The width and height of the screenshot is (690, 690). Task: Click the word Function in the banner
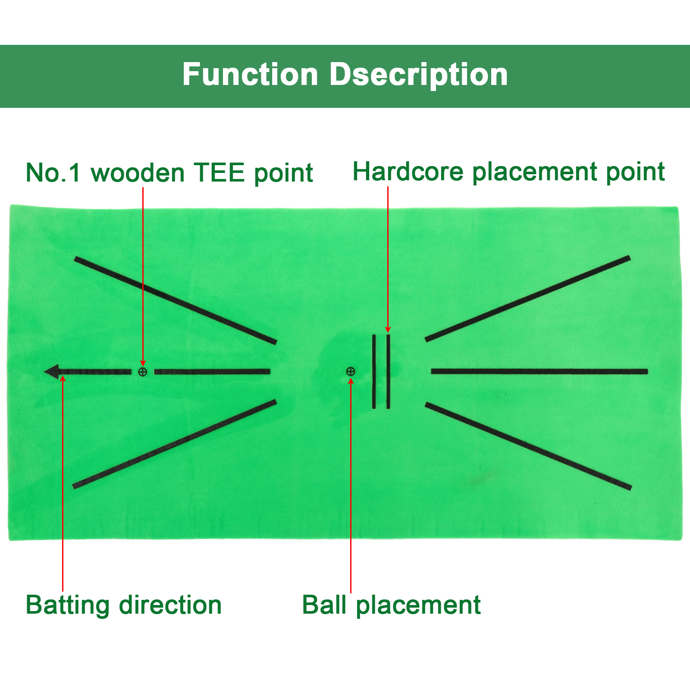(250, 74)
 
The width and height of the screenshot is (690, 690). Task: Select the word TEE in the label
(219, 172)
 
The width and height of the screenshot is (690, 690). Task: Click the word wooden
(138, 172)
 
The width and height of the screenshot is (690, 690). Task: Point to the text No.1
(53, 172)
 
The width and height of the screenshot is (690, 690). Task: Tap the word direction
(170, 605)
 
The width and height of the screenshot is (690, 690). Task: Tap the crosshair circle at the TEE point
(143, 372)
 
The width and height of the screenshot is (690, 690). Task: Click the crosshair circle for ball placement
(351, 371)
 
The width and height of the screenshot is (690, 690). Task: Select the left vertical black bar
(374, 371)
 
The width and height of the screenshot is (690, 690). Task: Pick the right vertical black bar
(388, 371)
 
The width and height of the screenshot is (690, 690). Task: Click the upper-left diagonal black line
(176, 301)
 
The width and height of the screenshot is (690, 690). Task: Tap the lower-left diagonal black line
(174, 444)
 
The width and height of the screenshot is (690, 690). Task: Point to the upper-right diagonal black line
(527, 299)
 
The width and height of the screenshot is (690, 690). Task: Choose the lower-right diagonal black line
(528, 446)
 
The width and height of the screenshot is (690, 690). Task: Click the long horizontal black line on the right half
(539, 371)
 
